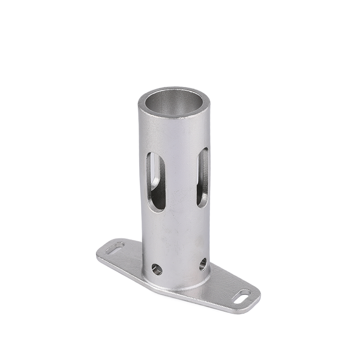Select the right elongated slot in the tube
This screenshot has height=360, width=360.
pyautogui.click(x=203, y=177)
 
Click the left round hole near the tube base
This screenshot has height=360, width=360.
pyautogui.click(x=157, y=269)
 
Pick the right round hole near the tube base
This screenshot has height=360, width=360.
pyautogui.click(x=203, y=264)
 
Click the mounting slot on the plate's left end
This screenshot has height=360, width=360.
pyautogui.click(x=115, y=247)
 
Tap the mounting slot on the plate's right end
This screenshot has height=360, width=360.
pyautogui.click(x=242, y=297)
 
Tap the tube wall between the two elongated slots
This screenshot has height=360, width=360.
pyautogui.click(x=180, y=180)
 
